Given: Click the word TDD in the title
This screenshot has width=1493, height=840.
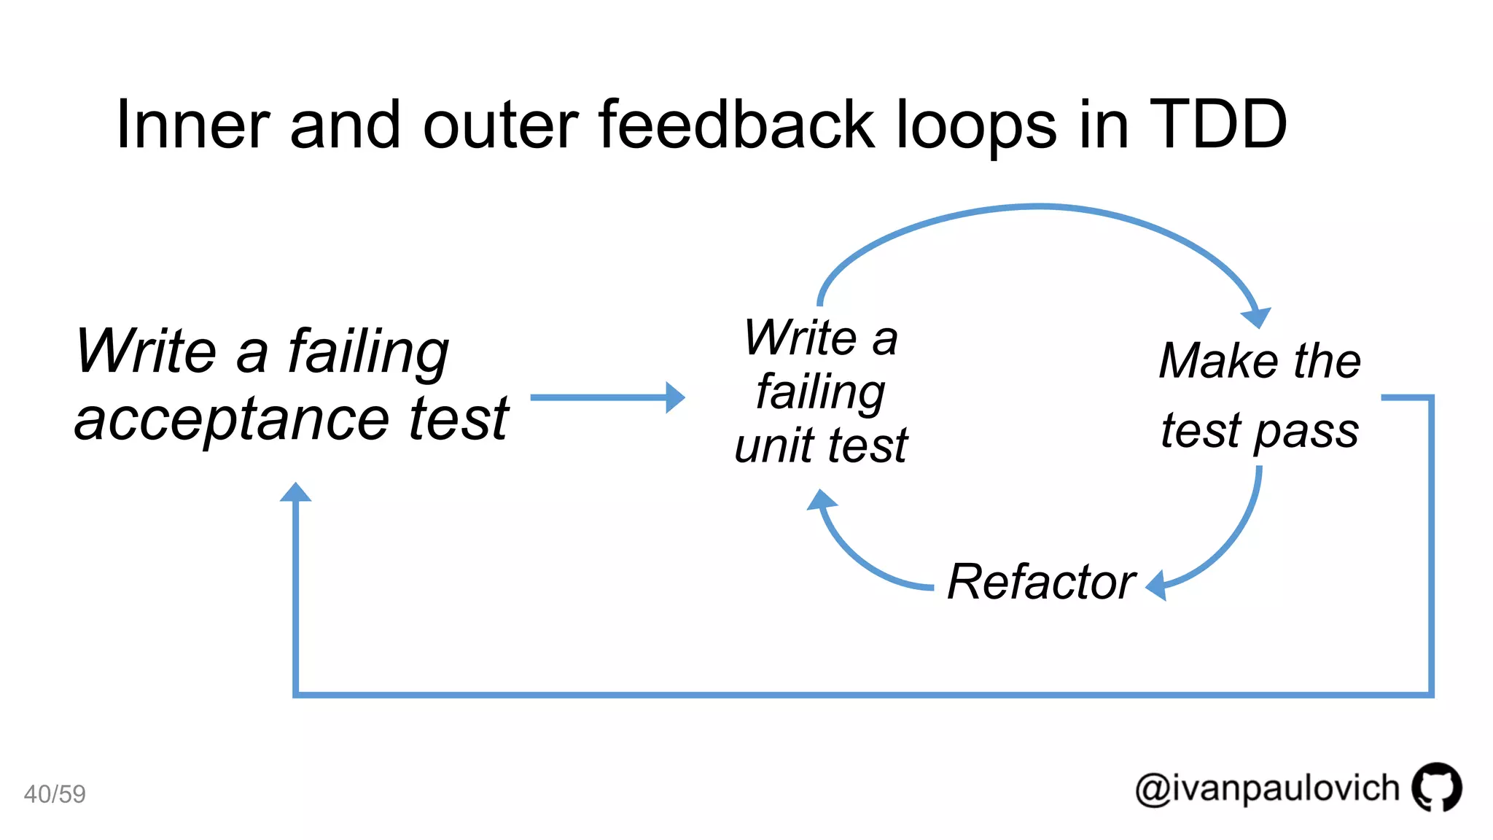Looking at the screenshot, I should click(1217, 125).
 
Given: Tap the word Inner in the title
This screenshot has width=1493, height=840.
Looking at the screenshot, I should click(192, 125).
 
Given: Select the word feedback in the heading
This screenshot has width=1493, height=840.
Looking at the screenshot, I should click(736, 125).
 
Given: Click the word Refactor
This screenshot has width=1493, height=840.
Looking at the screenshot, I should click(1041, 582).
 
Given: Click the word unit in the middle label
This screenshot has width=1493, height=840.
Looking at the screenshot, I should click(773, 446).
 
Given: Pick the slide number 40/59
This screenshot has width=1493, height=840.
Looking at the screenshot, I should click(55, 793).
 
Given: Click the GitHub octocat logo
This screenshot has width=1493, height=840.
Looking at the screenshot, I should click(1436, 787).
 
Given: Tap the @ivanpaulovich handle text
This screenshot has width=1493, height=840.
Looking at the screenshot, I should click(1267, 789).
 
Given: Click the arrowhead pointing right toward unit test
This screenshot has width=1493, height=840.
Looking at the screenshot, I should click(674, 397).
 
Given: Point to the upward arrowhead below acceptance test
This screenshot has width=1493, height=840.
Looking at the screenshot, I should click(295, 493).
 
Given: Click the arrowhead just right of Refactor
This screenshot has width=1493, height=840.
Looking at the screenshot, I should click(1157, 586).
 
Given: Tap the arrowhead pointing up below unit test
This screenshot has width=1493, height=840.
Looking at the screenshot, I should click(822, 500).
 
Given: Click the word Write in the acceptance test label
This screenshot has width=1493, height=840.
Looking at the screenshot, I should click(146, 351).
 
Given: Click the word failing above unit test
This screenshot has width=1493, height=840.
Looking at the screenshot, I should click(821, 392).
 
